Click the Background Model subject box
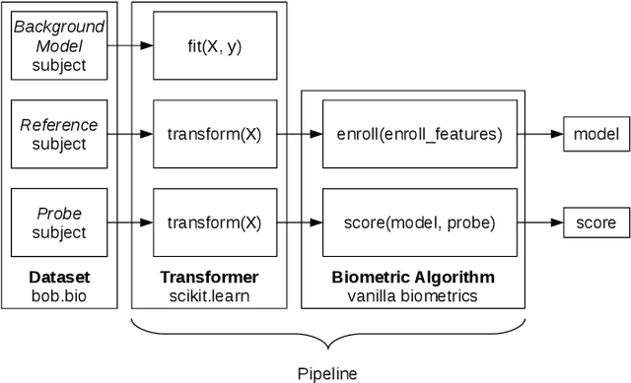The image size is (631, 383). point(60,46)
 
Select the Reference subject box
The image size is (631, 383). point(60,135)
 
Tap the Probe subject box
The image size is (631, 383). point(60,223)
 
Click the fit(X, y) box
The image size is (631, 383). point(213,46)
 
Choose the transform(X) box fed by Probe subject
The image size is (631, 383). point(213,223)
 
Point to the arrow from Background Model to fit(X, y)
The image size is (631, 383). point(131,46)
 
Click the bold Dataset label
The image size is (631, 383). point(60,277)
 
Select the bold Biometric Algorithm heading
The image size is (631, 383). point(412,277)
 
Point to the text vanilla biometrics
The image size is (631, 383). point(412,294)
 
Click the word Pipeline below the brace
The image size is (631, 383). point(326,373)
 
